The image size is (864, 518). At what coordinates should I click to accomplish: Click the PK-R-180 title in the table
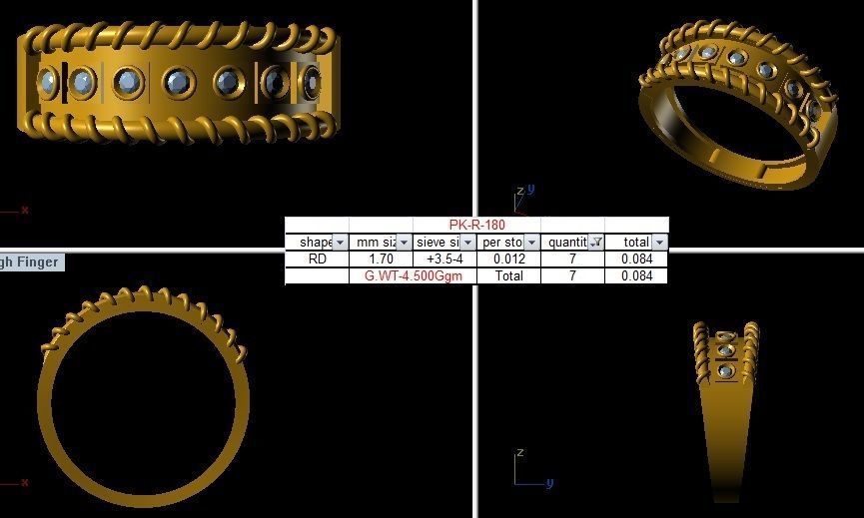(476, 225)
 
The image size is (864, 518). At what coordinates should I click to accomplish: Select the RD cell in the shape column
(317, 259)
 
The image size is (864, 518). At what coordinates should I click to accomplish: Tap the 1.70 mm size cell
(381, 259)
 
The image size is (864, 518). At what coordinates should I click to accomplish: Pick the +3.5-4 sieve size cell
(444, 259)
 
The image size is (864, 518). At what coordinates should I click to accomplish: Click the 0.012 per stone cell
(508, 259)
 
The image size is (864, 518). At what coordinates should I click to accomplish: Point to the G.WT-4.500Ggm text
(413, 275)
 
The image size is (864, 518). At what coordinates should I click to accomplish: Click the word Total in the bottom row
(508, 275)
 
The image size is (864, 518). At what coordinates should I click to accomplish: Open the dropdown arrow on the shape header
(340, 243)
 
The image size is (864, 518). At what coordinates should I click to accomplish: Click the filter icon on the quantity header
(595, 243)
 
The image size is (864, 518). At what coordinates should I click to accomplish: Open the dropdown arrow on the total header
(659, 243)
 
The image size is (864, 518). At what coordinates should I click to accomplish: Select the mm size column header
(375, 243)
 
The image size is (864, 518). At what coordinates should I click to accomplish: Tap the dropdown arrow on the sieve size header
(467, 243)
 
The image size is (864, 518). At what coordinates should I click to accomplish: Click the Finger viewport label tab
(30, 261)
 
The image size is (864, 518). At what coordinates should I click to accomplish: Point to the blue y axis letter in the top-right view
(531, 188)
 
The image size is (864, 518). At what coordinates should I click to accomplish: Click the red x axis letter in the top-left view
(25, 210)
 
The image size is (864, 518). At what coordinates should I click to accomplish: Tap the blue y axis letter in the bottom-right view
(549, 483)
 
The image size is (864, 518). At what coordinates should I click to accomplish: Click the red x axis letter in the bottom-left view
(25, 483)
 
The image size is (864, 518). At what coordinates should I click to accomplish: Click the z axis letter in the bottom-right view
(519, 454)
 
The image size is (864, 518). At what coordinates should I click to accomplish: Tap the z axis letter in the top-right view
(519, 192)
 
